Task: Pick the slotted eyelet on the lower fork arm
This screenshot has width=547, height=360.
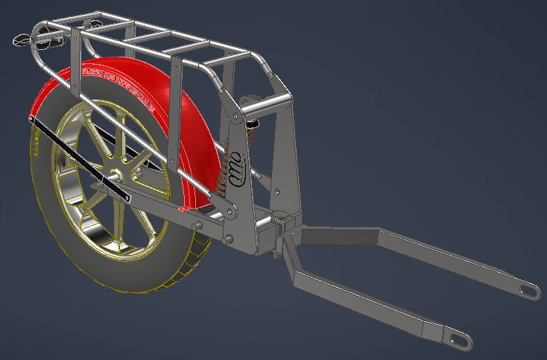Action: click(458, 341)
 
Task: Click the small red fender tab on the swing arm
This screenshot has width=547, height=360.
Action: click(183, 211)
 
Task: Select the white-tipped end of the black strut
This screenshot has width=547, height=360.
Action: click(128, 198)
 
